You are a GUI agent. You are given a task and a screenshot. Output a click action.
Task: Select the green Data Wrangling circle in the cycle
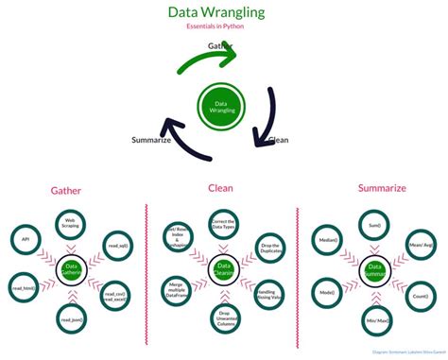223,109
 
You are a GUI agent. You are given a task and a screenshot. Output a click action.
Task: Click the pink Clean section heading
220,187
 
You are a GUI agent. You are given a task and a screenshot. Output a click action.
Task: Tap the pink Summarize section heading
382,188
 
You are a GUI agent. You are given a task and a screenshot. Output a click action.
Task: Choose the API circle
25,241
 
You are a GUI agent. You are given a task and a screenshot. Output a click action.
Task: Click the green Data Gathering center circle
72,269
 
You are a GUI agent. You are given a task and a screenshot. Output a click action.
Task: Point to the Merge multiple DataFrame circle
175,287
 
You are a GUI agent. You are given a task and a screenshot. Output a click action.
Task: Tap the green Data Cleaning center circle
224,269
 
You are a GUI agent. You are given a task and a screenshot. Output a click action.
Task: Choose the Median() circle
326,240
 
